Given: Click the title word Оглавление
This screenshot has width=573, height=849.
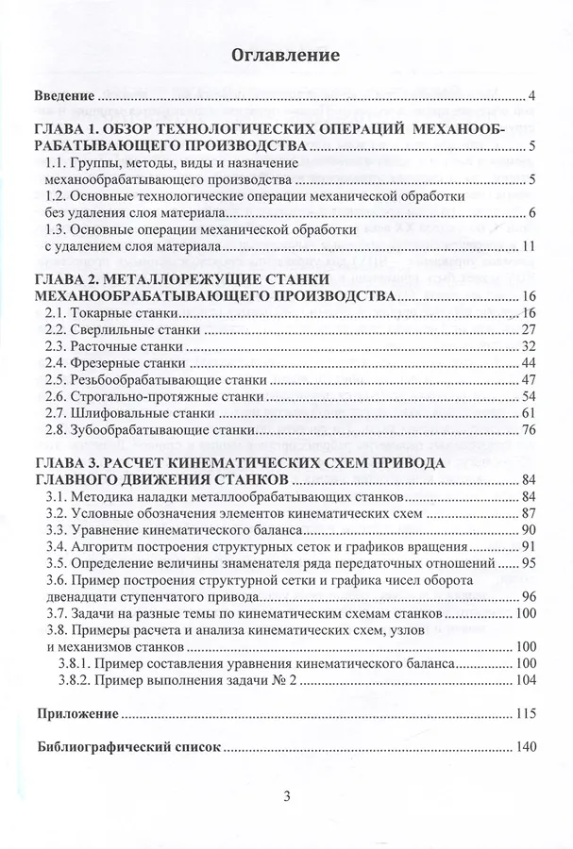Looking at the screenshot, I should [x=285, y=56].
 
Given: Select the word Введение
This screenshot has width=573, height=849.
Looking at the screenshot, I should [x=64, y=96].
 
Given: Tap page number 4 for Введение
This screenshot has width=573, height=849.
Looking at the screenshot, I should [x=532, y=96].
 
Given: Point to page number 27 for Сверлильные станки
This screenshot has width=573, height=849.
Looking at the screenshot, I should [x=529, y=330].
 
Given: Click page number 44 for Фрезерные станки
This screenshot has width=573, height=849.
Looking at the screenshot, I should [x=529, y=364].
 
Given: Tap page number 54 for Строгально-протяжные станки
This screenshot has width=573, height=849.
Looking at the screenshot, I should [x=529, y=397].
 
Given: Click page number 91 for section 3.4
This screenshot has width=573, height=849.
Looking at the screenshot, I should [x=529, y=547].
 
